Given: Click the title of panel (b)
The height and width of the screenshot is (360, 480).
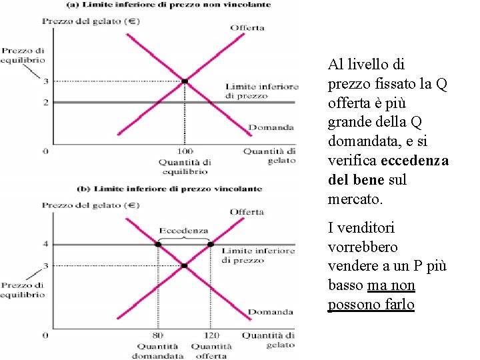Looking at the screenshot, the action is (170, 189).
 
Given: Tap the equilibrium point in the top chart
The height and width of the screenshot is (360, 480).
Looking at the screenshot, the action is (185, 81).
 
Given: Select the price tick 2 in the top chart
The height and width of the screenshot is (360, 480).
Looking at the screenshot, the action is (46, 102).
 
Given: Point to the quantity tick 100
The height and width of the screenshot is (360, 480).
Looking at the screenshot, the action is (185, 152).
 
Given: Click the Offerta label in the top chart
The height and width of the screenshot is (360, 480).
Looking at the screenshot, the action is (247, 27).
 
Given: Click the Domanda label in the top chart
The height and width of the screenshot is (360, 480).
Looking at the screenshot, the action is (271, 127).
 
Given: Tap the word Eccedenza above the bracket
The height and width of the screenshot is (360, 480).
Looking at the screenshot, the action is (183, 230).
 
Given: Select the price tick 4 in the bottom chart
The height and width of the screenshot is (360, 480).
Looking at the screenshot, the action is (46, 245).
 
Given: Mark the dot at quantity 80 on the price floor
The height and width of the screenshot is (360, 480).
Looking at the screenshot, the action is (159, 245).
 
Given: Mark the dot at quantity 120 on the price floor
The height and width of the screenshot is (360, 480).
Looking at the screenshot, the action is (210, 245).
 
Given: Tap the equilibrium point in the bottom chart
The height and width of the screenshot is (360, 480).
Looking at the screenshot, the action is (185, 266).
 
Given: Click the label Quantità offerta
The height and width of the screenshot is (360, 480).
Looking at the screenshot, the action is (211, 351).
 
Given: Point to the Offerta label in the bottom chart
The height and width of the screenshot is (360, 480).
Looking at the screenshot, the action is (247, 212).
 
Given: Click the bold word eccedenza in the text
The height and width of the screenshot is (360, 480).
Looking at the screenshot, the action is (421, 161).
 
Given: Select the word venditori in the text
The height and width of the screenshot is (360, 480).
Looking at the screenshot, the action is (366, 228).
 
